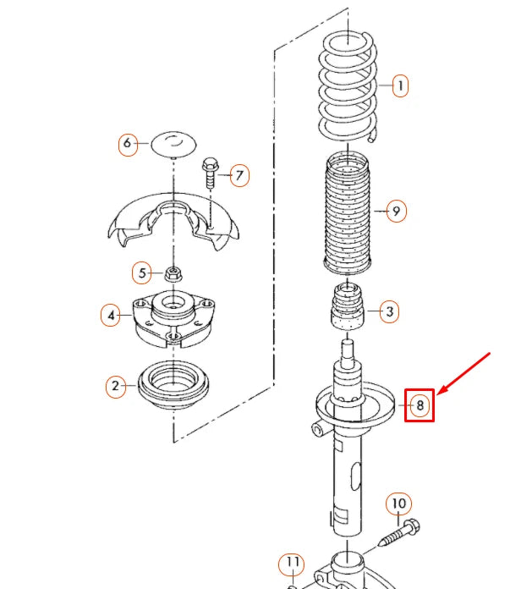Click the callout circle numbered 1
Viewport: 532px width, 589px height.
click(399, 85)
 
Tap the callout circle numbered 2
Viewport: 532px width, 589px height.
click(115, 387)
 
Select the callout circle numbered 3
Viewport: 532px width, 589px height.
click(388, 311)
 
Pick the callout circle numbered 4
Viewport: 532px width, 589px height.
click(110, 316)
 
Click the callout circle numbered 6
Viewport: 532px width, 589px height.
click(127, 144)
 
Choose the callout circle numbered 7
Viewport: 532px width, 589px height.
click(239, 176)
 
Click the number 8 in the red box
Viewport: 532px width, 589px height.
click(420, 405)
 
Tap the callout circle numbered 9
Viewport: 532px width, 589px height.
click(395, 211)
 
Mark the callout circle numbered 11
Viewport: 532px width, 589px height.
click(292, 563)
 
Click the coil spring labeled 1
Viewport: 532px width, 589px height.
click(348, 85)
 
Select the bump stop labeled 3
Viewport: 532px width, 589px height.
click(346, 310)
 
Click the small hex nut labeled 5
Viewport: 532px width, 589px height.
click(173, 273)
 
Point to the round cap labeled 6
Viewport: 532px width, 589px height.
click(173, 143)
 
